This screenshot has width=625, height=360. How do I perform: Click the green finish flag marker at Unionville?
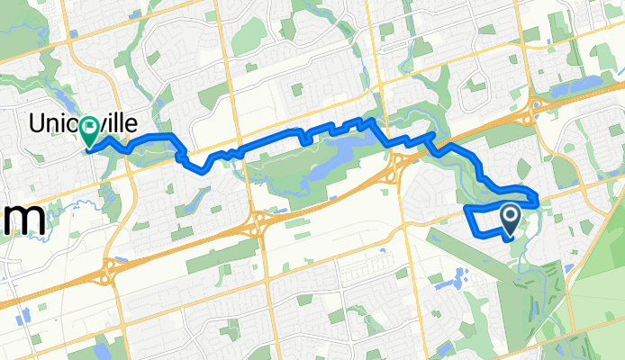click(90, 133)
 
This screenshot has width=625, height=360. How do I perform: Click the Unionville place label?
click(69, 123)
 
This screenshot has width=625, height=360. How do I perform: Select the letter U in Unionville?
click(40, 123)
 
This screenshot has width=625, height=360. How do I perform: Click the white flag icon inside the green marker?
click(90, 129)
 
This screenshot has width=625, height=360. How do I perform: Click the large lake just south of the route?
click(335, 153)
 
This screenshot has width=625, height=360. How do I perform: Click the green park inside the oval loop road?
click(476, 86)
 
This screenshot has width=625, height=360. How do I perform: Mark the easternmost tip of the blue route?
click(538, 197)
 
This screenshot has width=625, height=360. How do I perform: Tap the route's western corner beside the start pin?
click(465, 209)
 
